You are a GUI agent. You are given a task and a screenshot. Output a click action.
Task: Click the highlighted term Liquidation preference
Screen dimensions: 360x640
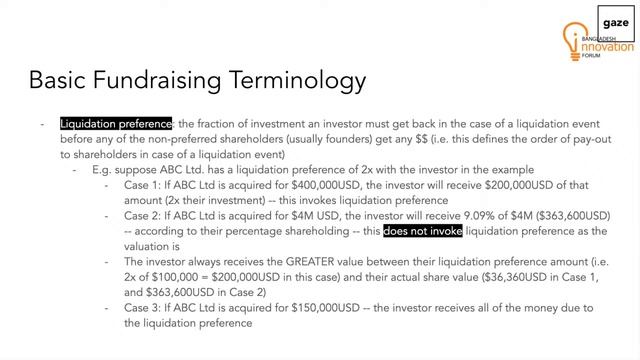[116, 123]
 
